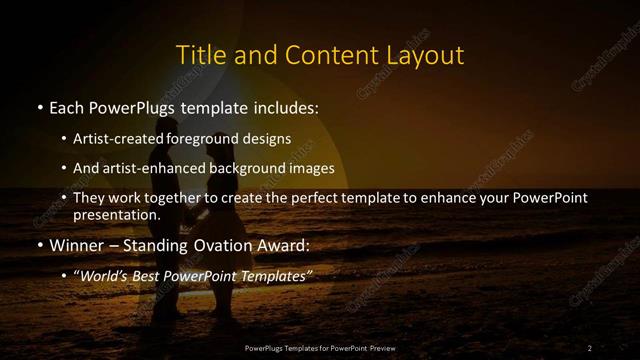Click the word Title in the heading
[198, 54]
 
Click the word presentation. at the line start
[116, 214]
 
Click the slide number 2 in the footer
[589, 348]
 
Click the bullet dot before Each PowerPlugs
[38, 107]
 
